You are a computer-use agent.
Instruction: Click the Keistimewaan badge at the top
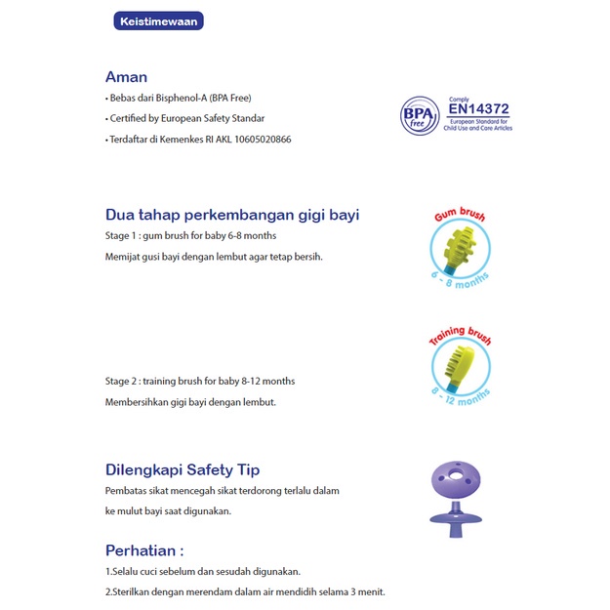point(158,20)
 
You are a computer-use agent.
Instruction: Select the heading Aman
point(126,77)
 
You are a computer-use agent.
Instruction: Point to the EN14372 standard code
point(477,109)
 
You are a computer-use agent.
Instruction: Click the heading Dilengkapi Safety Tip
point(183,469)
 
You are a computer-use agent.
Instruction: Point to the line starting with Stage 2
point(199,381)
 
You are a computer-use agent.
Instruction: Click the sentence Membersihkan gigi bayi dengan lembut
point(190,402)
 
